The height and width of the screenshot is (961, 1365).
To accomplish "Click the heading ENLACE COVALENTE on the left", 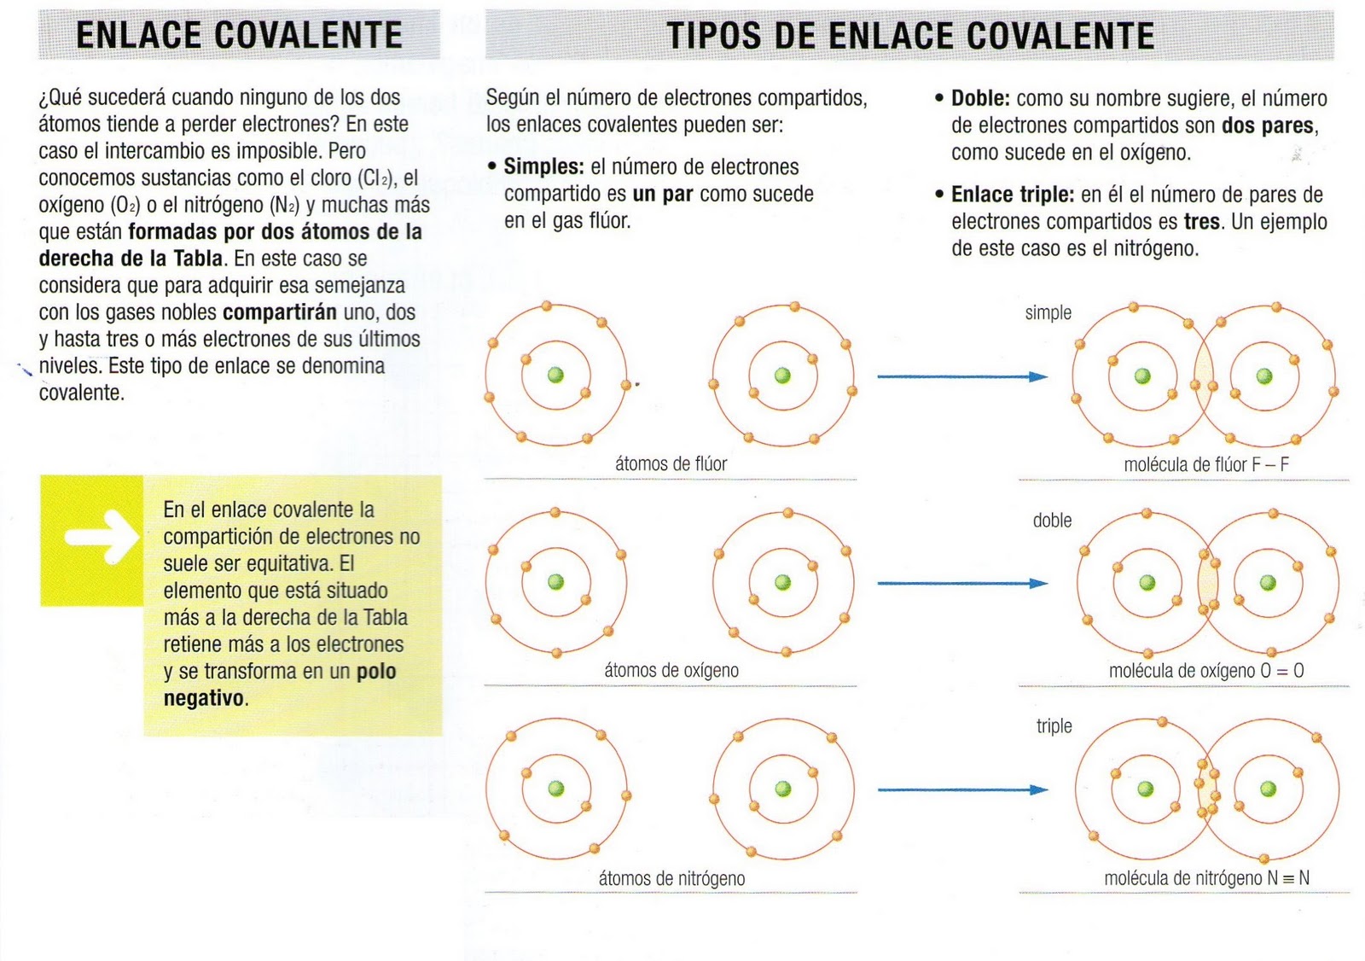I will tap(239, 36).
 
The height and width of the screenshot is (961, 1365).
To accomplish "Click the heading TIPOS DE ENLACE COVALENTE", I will tap(909, 36).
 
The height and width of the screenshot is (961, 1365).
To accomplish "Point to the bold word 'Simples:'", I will tap(543, 167).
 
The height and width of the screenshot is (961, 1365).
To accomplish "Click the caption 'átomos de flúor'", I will tap(671, 464).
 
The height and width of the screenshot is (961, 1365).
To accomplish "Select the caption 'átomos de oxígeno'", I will tap(671, 671).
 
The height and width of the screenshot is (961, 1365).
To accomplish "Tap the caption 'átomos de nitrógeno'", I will tap(671, 878).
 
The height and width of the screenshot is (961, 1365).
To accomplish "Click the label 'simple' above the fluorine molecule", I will tap(1048, 313).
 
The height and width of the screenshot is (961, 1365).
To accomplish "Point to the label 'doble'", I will tap(1052, 521).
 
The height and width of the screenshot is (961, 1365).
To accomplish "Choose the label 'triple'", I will tap(1054, 726).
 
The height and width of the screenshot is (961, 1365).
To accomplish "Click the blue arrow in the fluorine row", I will tap(961, 376).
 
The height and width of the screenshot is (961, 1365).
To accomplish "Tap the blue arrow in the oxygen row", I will tap(961, 584).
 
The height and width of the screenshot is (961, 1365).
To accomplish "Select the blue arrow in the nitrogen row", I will tap(961, 790).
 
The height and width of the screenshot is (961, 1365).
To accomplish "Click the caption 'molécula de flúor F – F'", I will tap(1205, 465).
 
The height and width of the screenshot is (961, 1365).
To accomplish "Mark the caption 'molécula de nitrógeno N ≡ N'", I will tap(1206, 878).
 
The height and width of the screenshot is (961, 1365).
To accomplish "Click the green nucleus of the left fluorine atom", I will tap(555, 376).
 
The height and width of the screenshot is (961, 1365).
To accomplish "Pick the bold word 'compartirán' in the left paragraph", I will tap(280, 312).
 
